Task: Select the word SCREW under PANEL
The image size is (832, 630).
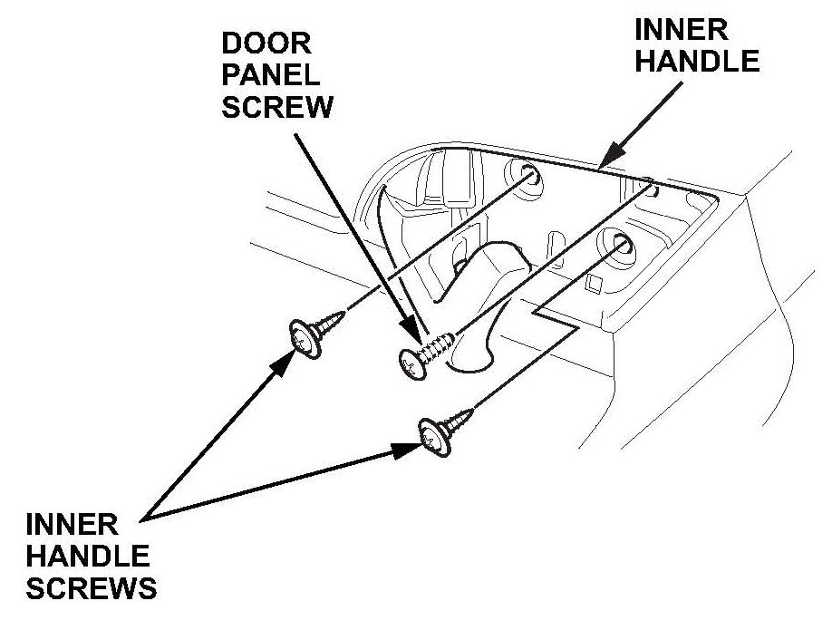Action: (276, 108)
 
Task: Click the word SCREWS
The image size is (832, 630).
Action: (92, 588)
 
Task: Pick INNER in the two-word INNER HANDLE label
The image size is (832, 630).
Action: (680, 29)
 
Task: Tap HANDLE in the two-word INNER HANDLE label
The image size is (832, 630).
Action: (697, 61)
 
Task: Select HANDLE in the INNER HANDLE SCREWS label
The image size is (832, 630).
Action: (88, 557)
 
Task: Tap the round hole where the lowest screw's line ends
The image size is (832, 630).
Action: (623, 244)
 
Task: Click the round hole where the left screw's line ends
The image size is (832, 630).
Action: (531, 175)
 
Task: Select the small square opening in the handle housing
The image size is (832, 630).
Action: (595, 285)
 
